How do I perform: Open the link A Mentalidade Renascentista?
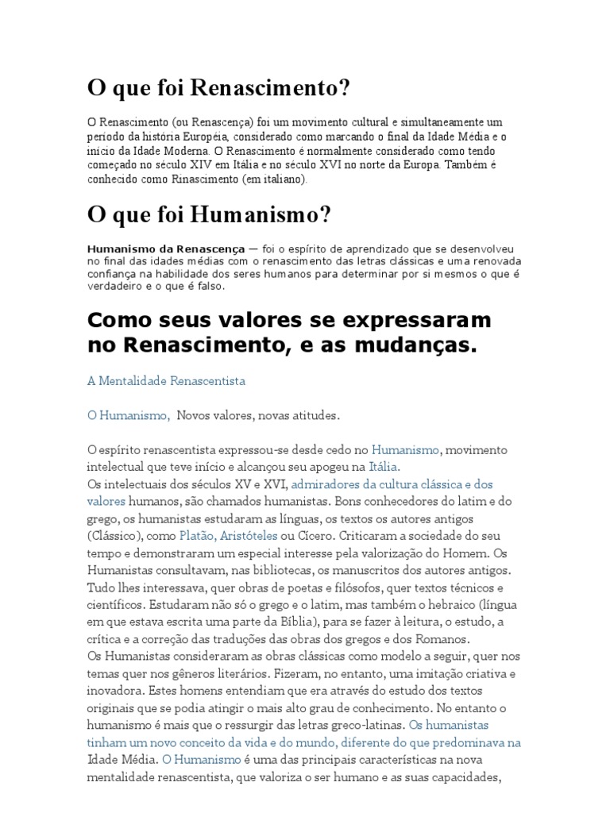(x=166, y=381)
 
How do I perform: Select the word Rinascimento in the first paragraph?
(x=235, y=180)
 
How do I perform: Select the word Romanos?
(x=442, y=639)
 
